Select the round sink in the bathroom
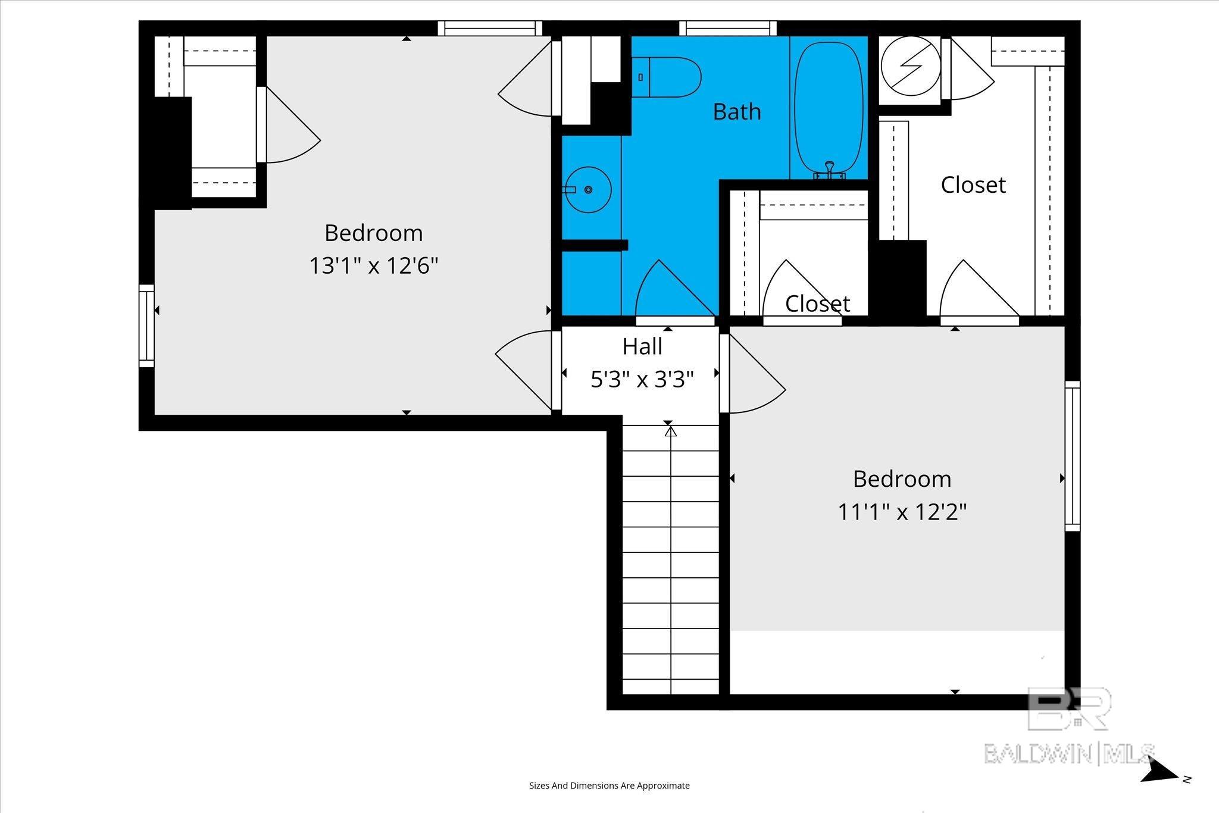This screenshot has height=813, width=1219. coord(588,189)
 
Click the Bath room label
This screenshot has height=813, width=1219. coord(737,112)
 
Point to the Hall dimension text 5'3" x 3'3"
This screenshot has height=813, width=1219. coord(642,379)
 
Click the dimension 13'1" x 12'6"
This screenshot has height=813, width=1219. coord(373,265)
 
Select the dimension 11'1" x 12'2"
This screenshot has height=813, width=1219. coord(902,511)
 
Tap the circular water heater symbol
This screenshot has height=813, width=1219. coord(911,67)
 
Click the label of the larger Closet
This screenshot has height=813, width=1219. coord(973,185)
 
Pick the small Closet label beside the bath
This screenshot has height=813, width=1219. coord(817,304)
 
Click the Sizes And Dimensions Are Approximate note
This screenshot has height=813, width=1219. coord(609,786)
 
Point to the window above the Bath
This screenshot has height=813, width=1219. coord(728,28)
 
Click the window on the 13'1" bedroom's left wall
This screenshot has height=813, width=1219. coord(146,326)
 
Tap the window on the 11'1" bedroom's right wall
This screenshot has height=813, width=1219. coord(1072,456)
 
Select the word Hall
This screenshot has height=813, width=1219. coord(642,346)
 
